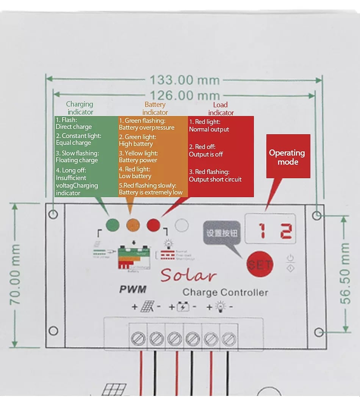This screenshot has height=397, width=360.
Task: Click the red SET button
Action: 260,264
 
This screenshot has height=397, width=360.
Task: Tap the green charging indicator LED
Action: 113,225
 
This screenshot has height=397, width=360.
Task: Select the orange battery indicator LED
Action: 133,225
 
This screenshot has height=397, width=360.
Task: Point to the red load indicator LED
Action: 153,225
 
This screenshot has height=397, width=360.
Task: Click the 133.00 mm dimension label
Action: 185,80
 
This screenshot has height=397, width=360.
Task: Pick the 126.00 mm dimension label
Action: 185,95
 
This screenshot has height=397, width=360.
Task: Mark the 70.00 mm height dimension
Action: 15,275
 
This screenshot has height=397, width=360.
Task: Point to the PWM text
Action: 133,289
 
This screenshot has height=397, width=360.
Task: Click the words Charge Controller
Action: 225,292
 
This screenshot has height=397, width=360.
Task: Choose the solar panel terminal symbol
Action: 147,307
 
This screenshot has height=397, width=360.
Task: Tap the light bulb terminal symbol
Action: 220,307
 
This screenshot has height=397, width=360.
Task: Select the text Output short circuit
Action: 215,179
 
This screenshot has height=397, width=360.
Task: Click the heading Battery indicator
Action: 155,108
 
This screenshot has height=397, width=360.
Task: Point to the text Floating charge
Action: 77,160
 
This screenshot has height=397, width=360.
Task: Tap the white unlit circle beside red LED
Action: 182,226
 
